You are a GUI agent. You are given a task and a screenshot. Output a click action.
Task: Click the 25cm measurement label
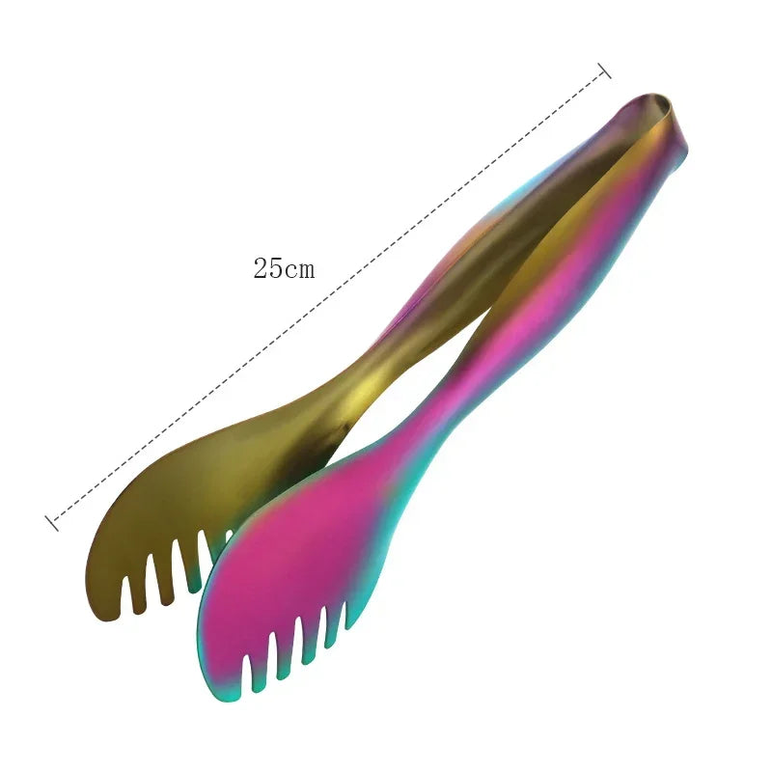click(284, 269)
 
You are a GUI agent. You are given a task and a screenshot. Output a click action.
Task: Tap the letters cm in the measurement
click(298, 270)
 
